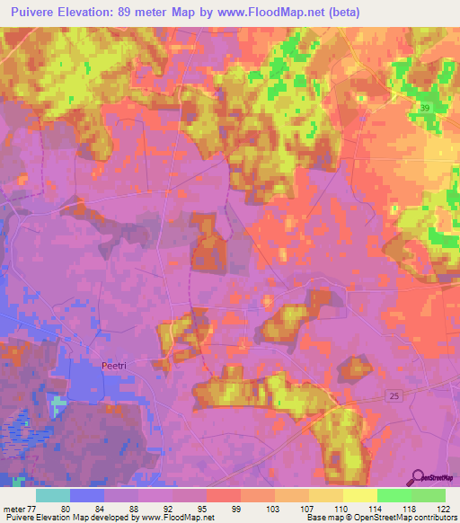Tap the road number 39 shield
(424, 108)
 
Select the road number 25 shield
(394, 395)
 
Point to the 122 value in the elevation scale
(443, 508)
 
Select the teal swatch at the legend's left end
(53, 495)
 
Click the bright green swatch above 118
(394, 495)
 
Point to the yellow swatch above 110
(325, 495)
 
